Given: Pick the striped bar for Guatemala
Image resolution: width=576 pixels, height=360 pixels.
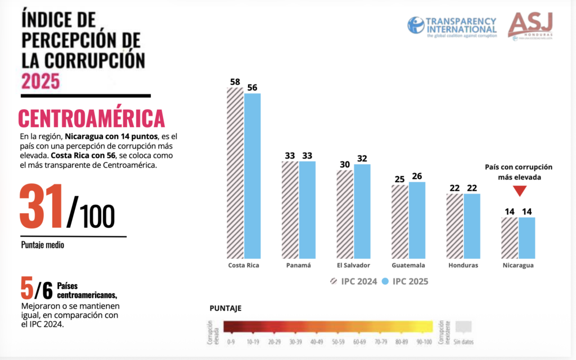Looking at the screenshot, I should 400,220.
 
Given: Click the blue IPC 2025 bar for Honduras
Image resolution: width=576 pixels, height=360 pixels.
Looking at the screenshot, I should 472,225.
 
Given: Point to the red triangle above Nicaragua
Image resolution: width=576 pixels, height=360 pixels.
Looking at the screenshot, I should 519,191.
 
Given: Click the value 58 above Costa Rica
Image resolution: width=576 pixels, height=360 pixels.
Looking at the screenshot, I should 235,82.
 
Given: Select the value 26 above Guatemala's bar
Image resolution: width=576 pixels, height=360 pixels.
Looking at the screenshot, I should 417,177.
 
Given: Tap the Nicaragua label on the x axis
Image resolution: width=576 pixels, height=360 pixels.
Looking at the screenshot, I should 518,265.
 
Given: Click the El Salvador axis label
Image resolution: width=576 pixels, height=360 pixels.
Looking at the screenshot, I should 353,265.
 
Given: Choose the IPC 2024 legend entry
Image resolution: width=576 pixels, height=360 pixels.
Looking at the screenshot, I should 344,281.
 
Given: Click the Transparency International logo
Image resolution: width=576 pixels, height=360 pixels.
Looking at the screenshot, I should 452,25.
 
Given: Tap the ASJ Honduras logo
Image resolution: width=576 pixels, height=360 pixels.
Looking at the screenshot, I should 531,25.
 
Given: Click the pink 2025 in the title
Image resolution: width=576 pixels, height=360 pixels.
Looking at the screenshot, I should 40,81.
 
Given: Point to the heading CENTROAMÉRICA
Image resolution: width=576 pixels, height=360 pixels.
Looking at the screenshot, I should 91,119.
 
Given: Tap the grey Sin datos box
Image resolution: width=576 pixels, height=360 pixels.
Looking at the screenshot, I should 462,327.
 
